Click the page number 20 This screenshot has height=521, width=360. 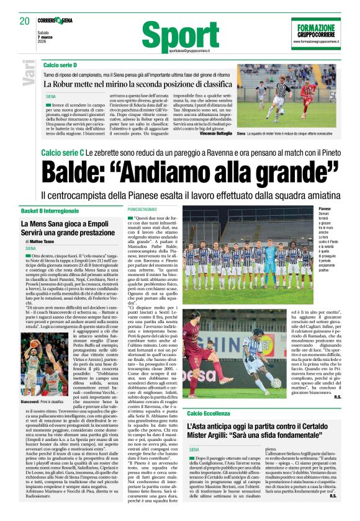coord(25,20)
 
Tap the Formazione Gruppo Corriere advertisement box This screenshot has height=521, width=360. coord(316,34)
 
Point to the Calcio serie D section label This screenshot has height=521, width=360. coord(60,65)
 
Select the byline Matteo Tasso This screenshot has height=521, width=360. coord(45,241)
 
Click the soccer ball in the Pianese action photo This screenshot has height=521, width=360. coord(276,383)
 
